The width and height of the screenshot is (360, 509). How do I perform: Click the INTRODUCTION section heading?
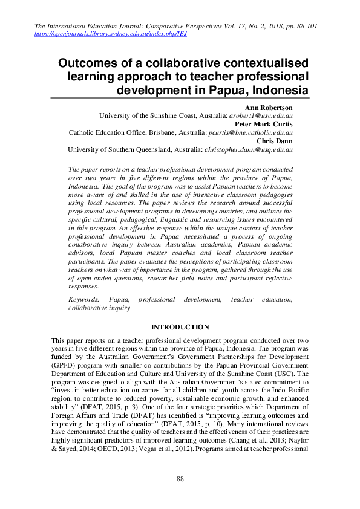coord(180,327)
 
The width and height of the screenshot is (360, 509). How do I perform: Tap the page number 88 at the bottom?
coord(180,479)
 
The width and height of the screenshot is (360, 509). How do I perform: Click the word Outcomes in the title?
coord(93,63)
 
